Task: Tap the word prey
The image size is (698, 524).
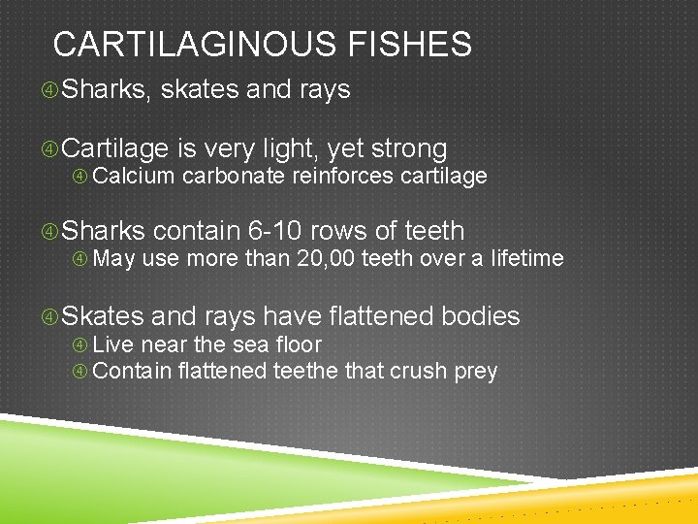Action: pyautogui.click(x=475, y=371)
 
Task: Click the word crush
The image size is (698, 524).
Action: pyautogui.click(x=422, y=371)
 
